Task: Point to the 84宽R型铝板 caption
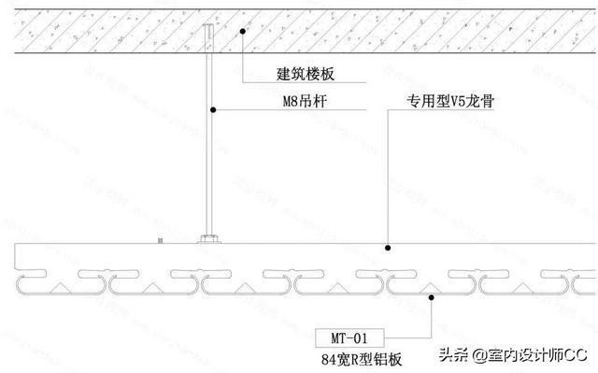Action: tap(363, 356)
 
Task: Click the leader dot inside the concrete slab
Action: tap(242, 31)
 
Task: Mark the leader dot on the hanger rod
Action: tap(213, 111)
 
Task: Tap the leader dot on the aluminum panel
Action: tap(430, 297)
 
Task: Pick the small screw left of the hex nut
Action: tap(161, 241)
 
